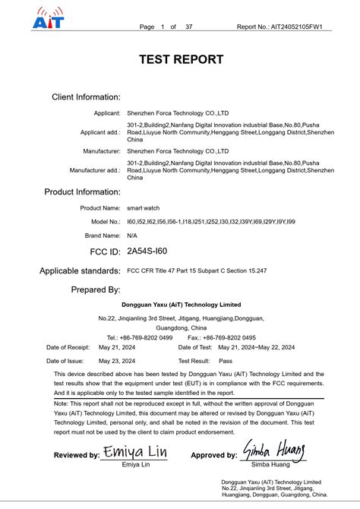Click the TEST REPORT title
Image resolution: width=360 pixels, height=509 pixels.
point(181,59)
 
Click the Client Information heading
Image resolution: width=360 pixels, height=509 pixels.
point(86,97)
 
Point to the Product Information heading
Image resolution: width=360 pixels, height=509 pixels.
point(82,191)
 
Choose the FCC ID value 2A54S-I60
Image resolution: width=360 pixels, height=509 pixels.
point(147,251)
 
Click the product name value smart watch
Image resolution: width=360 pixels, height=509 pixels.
point(144,207)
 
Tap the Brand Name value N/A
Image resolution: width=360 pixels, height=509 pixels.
point(132,236)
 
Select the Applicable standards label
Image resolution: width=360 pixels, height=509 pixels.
point(80,270)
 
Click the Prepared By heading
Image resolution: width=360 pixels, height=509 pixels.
point(96,289)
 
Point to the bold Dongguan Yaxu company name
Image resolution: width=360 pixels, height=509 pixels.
point(182,305)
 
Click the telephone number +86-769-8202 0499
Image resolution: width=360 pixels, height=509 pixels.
point(146,337)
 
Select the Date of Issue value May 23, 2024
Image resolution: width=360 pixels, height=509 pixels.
point(117,361)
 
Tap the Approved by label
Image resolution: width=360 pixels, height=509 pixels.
point(213,456)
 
